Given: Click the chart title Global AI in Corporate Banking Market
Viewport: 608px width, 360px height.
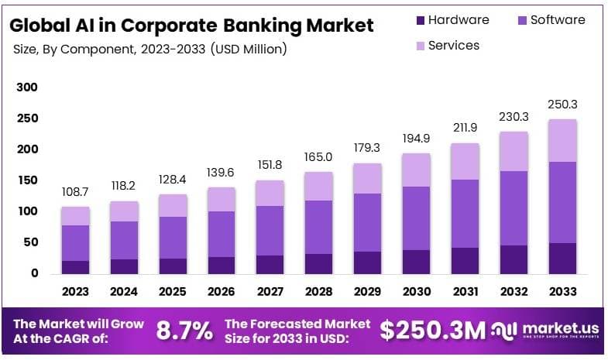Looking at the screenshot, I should point(191,25).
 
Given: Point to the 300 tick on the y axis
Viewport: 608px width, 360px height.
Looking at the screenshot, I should point(27,87).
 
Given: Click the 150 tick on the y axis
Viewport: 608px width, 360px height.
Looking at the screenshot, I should point(27,180).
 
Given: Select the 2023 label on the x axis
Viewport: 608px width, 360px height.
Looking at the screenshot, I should point(75,292).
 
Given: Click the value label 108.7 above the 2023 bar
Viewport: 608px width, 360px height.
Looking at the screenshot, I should point(75,190).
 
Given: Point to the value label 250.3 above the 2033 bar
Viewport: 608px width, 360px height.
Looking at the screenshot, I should point(562,104).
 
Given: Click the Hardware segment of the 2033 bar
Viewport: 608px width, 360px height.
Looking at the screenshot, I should point(562,258).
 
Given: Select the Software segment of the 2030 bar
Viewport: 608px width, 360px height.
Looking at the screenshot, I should point(417,218).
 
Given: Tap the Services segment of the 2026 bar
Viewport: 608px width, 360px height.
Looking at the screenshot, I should point(222,199).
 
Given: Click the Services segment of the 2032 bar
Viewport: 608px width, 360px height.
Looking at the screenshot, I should point(514,151).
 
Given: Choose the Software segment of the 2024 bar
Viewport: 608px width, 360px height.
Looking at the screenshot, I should point(124,240).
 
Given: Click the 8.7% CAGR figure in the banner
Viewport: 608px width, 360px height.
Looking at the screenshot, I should point(184,331).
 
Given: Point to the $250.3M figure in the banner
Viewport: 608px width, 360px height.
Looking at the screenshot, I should point(432,331).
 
